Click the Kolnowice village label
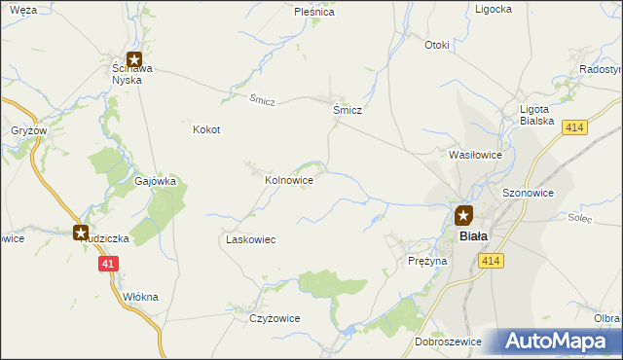pyautogui.click(x=289, y=180)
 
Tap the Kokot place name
pyautogui.click(x=206, y=129)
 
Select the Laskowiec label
pyautogui.click(x=251, y=239)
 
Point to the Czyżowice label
pyautogui.click(x=275, y=318)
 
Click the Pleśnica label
pyautogui.click(x=314, y=13)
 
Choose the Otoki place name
pyautogui.click(x=437, y=45)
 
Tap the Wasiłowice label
pyautogui.click(x=475, y=155)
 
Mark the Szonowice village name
pyautogui.click(x=528, y=194)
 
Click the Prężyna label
pyautogui.click(x=427, y=262)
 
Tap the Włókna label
pyautogui.click(x=140, y=297)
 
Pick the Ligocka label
pyautogui.click(x=494, y=9)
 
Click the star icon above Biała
pyautogui.click(x=463, y=216)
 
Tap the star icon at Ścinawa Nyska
pyautogui.click(x=134, y=59)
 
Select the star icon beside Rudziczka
pyautogui.click(x=81, y=232)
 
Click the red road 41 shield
pyautogui.click(x=107, y=264)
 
